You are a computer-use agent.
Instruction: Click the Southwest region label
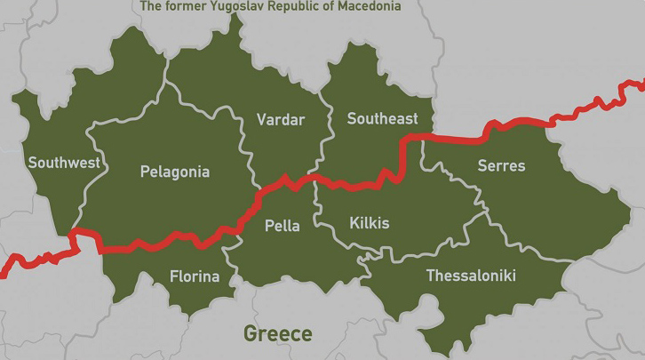pos(64,163)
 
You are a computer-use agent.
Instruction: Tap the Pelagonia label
pos(175,172)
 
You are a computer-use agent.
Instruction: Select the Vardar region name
pos(280,119)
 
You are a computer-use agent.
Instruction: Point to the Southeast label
pos(382,118)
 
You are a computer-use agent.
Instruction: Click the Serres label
pos(501,165)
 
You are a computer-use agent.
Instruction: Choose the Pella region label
pos(283,226)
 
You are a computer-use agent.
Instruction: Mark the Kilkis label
pos(370,222)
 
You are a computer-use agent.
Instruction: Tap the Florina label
pos(195,276)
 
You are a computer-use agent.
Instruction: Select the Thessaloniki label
pos(471,276)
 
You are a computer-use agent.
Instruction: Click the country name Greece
pos(278,334)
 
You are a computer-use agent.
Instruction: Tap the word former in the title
pos(182,6)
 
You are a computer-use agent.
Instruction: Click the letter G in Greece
pos(251,334)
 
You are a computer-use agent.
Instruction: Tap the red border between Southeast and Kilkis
pos(355,185)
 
